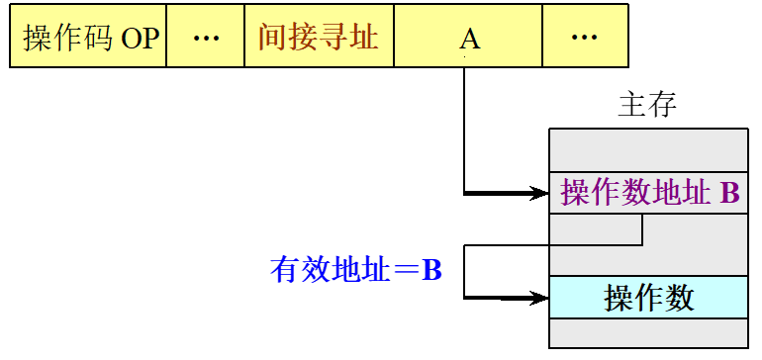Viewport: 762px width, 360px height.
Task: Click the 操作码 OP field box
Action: (88, 37)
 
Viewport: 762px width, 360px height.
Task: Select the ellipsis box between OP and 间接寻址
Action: (205, 37)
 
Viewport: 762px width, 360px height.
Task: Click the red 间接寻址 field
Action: (319, 37)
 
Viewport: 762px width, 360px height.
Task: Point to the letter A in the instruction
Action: (469, 39)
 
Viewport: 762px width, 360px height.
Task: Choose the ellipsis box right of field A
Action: (585, 37)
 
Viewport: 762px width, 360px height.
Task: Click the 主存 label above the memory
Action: (647, 105)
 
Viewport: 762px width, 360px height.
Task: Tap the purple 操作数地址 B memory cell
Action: (648, 192)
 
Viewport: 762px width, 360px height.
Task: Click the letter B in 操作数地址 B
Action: (729, 193)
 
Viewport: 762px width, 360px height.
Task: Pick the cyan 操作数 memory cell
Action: (648, 297)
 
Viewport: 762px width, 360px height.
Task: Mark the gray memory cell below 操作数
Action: (648, 332)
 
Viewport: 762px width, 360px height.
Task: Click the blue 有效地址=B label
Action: (355, 269)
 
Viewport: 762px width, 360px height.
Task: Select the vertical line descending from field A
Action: (464, 129)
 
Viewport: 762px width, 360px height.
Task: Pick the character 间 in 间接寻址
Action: (273, 38)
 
